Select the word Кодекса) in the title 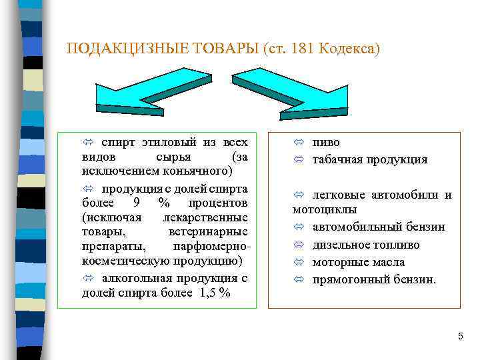349,49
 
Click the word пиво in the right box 326,143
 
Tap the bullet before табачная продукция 299,160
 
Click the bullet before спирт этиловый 87,143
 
